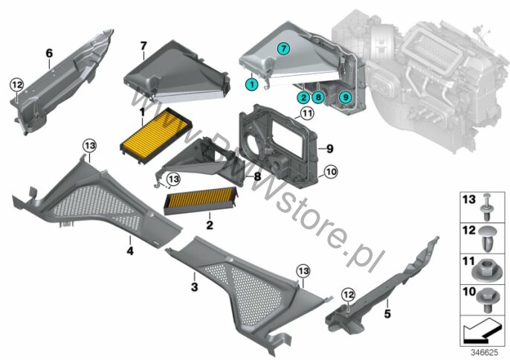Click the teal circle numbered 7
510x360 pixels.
point(283,49)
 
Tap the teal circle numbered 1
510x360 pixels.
point(251,85)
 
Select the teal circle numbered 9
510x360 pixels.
point(346,97)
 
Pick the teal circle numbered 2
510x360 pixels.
point(303,97)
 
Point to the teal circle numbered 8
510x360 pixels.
point(317,97)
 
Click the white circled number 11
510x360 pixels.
point(307,114)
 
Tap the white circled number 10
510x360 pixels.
point(331,172)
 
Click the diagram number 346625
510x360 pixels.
point(485,353)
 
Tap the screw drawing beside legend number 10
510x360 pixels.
point(487,300)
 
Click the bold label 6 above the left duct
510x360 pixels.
point(49,53)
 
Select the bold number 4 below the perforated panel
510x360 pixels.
point(130,251)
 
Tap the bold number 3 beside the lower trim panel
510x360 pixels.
point(194,287)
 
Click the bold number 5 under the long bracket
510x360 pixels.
point(387,314)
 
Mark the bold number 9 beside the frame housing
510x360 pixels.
point(330,149)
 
